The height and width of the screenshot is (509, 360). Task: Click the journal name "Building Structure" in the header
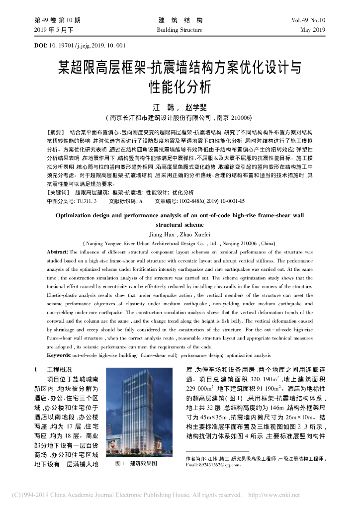tap(180, 30)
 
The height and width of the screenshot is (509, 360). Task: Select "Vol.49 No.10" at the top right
tap(308, 20)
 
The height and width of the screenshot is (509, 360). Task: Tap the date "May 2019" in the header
tap(313, 30)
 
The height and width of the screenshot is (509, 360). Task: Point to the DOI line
tap(80, 46)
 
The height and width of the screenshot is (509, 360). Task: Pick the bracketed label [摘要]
tap(55, 132)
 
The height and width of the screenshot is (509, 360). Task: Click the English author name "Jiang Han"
tap(163, 235)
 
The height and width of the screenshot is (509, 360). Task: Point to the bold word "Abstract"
tap(57, 253)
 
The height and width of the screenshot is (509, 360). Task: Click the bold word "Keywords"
tap(59, 356)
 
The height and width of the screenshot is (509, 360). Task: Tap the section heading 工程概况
tap(59, 370)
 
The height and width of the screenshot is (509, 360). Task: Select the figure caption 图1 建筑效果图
tap(136, 463)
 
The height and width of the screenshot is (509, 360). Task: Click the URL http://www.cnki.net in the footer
tap(273, 495)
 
